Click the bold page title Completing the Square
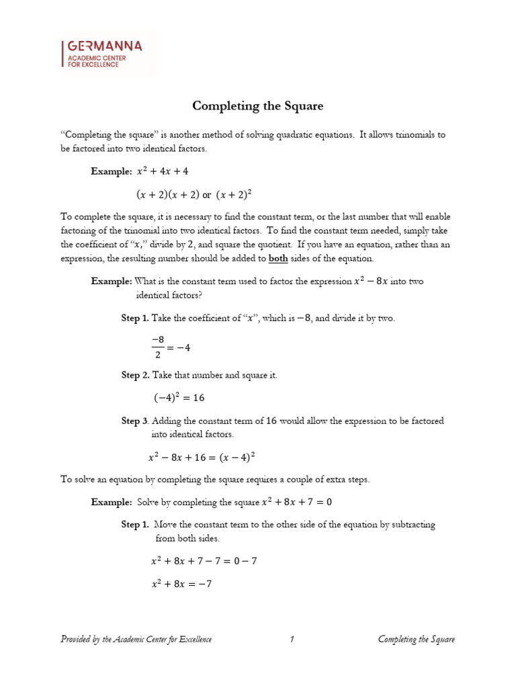tap(257, 105)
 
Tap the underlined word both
tap(278, 259)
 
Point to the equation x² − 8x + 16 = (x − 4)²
tap(202, 457)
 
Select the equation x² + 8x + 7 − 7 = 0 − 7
tap(204, 561)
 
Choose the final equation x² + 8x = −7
tap(181, 584)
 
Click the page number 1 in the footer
tap(292, 639)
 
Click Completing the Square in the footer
tap(416, 639)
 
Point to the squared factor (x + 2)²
tap(235, 195)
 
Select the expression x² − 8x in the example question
tap(371, 282)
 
